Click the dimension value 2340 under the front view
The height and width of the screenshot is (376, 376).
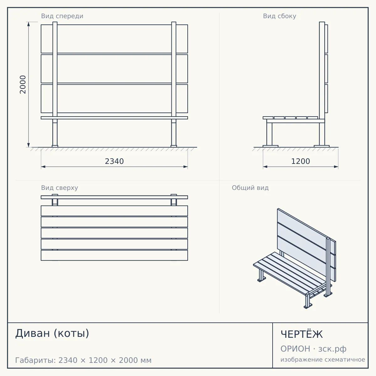114,161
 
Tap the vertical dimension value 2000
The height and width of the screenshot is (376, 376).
23,85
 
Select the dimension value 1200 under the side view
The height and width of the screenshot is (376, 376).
300,161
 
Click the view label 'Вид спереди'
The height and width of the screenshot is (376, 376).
62,16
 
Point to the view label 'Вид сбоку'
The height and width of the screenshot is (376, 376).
279,16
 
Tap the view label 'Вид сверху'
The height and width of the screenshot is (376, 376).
60,188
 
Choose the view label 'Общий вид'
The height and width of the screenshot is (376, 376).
250,188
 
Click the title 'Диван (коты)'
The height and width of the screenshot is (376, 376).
52,333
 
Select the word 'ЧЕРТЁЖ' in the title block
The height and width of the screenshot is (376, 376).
301,334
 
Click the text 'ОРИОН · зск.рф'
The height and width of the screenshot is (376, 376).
313,349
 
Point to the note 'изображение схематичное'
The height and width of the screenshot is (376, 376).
323,359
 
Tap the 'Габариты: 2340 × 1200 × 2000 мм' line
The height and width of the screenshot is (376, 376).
83,360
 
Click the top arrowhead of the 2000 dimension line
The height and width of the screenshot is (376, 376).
29,24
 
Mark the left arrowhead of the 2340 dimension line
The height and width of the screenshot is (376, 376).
43,167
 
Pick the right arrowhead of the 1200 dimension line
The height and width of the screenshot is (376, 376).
336,167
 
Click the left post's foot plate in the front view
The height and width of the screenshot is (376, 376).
55,146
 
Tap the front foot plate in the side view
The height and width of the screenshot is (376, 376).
270,146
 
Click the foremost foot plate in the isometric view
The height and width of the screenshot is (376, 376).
308,306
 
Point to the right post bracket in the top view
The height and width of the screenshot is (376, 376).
174,200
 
